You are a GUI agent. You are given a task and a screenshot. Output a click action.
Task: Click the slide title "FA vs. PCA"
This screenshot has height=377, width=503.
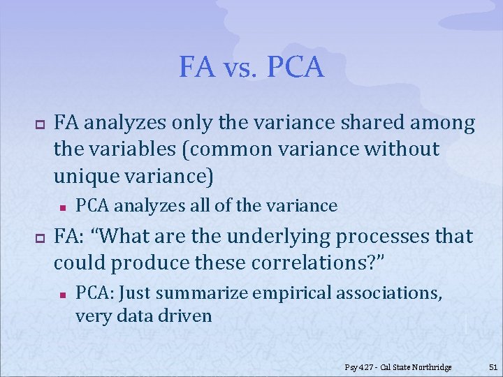(x=251, y=67)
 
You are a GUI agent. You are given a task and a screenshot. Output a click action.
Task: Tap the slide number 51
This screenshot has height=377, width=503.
(x=493, y=367)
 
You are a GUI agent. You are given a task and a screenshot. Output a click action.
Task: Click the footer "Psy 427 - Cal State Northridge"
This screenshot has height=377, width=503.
(x=398, y=367)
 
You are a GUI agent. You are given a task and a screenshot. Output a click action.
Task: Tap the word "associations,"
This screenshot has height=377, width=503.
(x=388, y=293)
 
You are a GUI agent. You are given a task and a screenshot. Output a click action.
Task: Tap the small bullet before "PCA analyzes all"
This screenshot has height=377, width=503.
(x=62, y=207)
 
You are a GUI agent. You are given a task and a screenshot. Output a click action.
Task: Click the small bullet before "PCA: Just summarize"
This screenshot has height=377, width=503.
(x=62, y=293)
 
